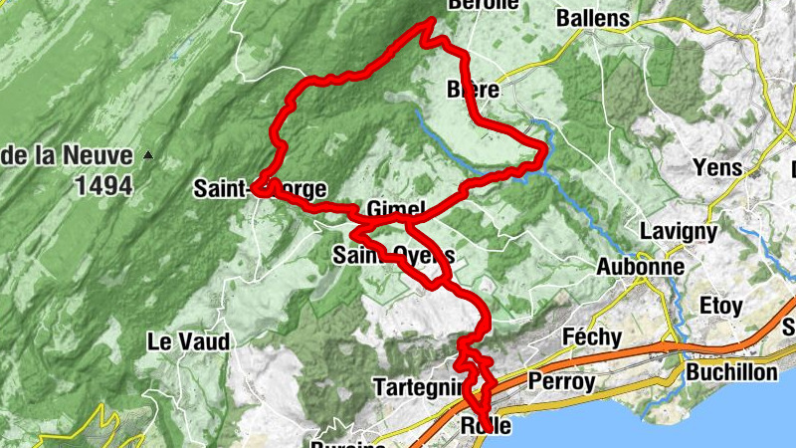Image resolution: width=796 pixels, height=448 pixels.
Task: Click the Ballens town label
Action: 593,18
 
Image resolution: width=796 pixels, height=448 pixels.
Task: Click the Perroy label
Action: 562,381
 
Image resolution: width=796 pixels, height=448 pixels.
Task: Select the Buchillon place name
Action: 731,371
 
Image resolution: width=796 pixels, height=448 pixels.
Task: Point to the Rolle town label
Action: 487,426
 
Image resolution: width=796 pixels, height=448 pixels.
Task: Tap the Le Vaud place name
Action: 188,341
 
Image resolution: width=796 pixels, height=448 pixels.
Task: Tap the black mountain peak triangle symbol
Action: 148,154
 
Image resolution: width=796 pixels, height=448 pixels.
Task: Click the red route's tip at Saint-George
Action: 255,186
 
